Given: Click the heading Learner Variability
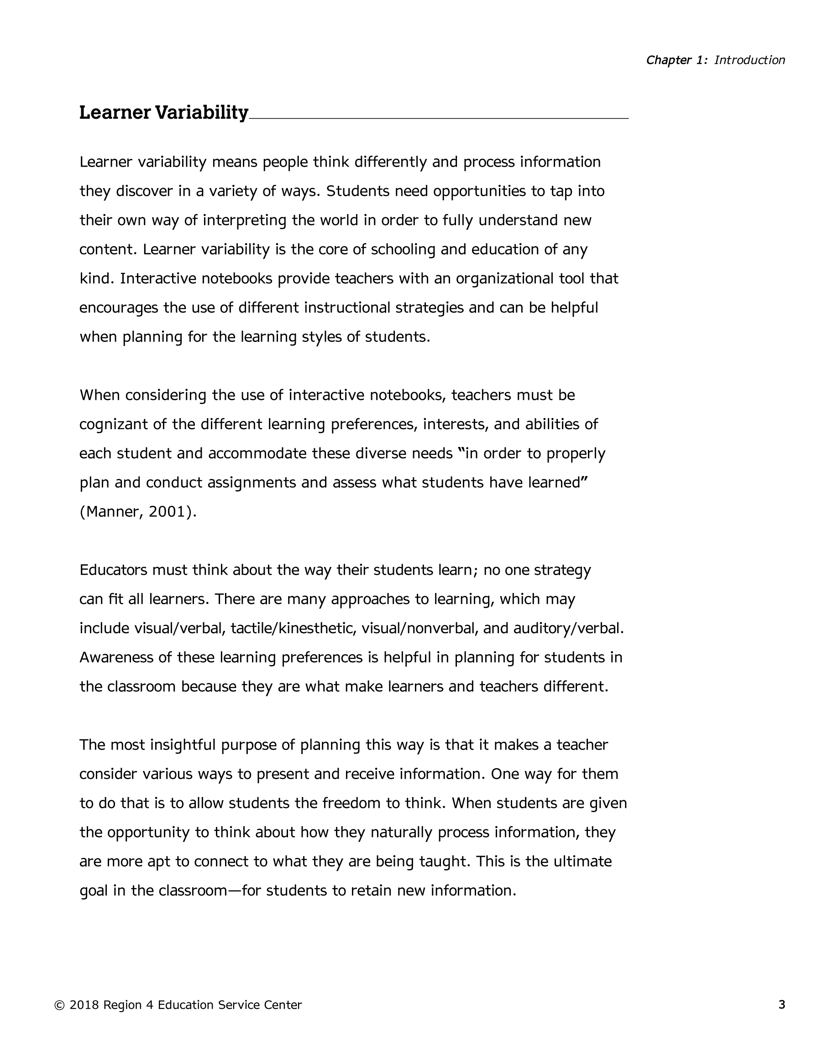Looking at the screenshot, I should [x=163, y=112].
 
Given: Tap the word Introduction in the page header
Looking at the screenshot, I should [x=750, y=60].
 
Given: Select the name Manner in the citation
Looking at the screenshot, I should [x=111, y=511].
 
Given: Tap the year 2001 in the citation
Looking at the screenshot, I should [x=167, y=511].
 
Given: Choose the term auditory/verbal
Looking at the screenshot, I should [x=567, y=628].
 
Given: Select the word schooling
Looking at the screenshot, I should [x=403, y=249].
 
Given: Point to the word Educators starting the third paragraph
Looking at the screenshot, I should [x=113, y=570].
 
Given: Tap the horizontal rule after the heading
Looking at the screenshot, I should [x=438, y=118].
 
